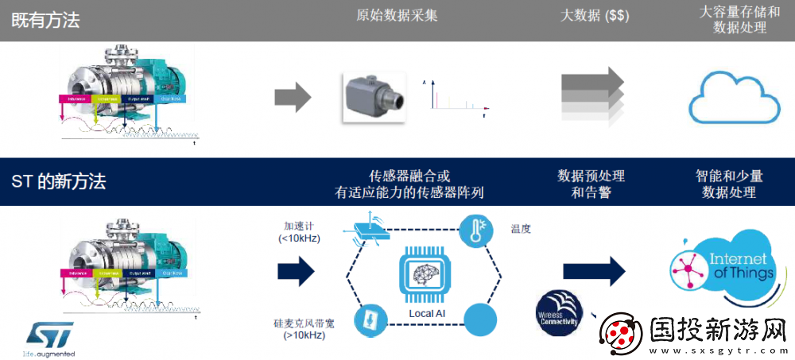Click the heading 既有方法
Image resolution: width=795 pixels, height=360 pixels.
(x=46, y=21)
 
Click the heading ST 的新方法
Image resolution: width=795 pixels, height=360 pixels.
(x=59, y=182)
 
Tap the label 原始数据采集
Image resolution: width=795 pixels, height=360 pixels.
(x=397, y=16)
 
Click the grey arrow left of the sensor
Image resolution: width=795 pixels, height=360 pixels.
(x=292, y=97)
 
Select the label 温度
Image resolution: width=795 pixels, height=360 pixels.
(x=521, y=230)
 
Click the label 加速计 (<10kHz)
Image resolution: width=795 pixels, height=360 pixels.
(x=299, y=231)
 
